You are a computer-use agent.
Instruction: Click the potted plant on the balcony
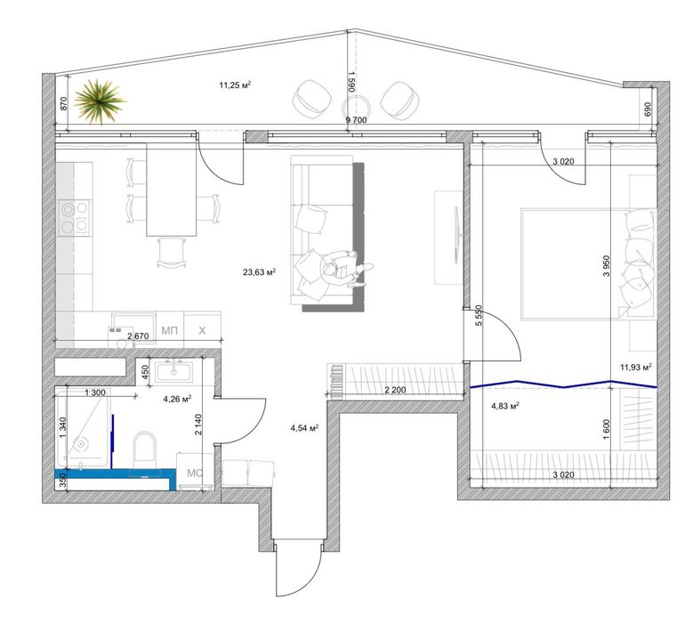100,101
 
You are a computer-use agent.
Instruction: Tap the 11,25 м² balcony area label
235,85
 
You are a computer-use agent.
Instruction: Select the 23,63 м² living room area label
260,272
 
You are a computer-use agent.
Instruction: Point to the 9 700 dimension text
356,120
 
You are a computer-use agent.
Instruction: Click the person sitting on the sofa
345,270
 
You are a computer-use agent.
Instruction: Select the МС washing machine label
195,473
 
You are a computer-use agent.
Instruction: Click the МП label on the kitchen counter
169,330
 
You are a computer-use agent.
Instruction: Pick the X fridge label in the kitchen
202,330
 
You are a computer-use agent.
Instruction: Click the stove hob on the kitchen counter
75,217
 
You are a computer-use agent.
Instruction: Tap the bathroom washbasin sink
173,370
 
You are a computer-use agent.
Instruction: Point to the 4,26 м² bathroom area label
177,399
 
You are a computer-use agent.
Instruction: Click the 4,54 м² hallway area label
304,427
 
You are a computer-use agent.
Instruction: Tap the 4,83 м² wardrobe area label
505,405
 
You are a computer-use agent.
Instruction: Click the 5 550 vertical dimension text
479,316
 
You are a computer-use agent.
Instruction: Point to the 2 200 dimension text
395,390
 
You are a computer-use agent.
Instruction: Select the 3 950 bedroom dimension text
607,266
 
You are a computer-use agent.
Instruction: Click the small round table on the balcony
356,107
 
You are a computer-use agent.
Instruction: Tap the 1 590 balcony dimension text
351,81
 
